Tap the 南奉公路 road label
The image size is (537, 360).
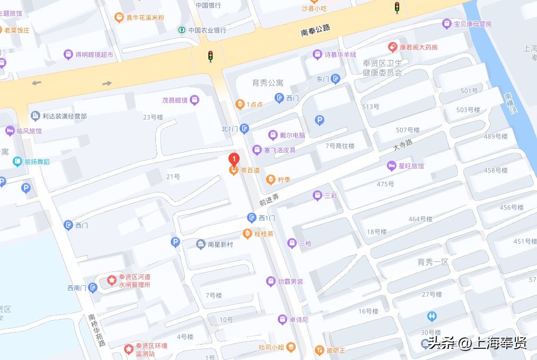tap(315, 30)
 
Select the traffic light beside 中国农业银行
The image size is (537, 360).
tap(210, 56)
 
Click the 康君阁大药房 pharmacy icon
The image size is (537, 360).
tap(392, 47)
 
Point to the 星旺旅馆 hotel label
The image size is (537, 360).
tap(411, 166)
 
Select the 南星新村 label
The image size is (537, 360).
tap(220, 244)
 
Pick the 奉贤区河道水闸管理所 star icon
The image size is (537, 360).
tap(112, 279)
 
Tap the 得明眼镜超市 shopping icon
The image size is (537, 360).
tap(68, 54)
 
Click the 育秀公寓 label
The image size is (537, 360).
tap(268, 83)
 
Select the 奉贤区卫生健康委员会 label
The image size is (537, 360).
tap(383, 68)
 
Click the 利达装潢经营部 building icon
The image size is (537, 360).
tap(36, 116)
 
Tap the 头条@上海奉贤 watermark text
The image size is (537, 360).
tap(477, 343)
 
